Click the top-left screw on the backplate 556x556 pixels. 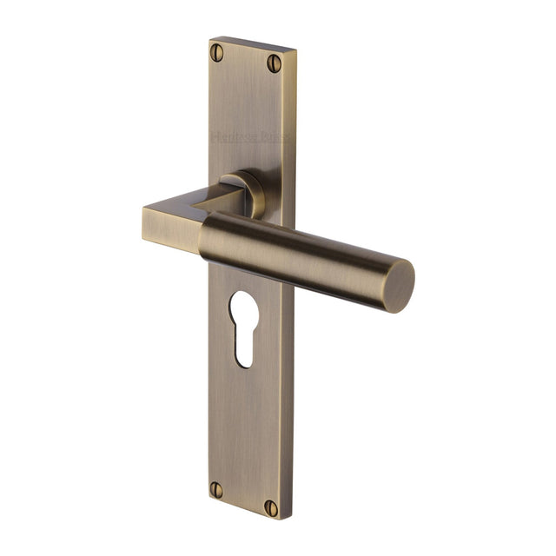point(217,52)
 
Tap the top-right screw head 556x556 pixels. point(275,63)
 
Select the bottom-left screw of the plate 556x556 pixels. point(215,489)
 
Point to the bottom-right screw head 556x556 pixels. point(271,507)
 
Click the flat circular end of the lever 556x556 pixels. point(400,286)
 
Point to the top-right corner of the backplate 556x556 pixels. point(295,50)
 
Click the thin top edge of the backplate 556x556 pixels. point(252,43)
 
